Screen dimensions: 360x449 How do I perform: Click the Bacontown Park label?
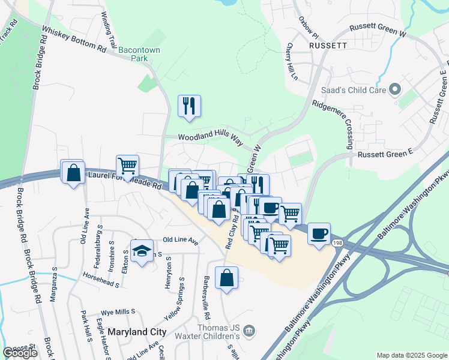[139, 55]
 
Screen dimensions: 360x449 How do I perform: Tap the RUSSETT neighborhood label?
[328, 45]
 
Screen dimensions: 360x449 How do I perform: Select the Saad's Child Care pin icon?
[395, 90]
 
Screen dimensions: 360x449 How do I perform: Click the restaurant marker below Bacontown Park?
[190, 106]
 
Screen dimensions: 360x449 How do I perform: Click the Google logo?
[20, 353]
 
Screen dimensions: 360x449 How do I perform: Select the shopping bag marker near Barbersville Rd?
[226, 278]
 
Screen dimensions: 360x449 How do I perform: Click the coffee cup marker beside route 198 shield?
[319, 233]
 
